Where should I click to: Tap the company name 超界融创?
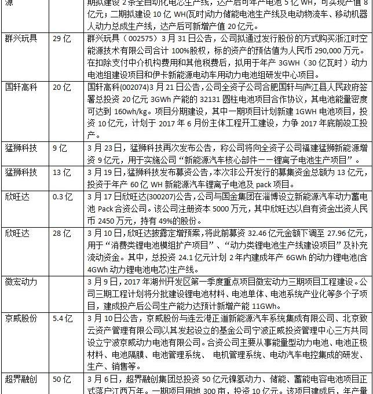(x=23, y=380)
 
